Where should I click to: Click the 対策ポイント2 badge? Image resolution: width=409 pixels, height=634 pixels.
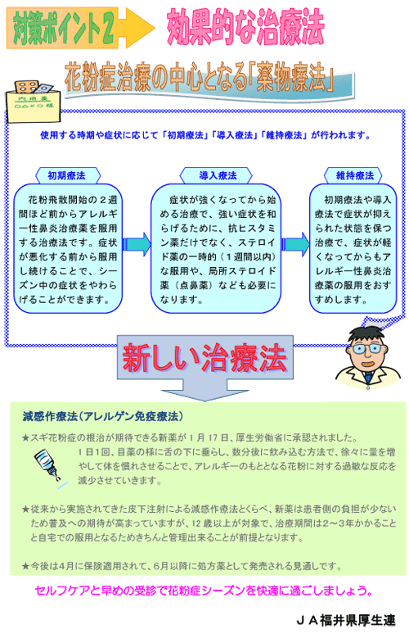click(62, 28)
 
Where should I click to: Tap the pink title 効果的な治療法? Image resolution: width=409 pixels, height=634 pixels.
click(245, 27)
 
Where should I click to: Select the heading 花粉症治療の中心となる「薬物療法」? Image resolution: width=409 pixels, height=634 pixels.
click(199, 77)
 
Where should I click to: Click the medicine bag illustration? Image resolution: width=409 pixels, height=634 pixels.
click(34, 101)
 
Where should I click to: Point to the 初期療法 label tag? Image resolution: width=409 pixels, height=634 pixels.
click(67, 175)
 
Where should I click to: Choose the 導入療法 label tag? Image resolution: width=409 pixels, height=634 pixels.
click(218, 175)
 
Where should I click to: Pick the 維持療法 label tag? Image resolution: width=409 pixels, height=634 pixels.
click(354, 175)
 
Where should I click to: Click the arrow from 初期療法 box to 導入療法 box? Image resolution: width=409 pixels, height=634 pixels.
click(137, 244)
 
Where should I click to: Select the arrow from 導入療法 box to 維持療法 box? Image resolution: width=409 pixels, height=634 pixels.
click(295, 244)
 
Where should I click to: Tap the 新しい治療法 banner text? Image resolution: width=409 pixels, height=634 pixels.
click(204, 358)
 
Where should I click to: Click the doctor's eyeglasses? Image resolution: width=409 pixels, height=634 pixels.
click(366, 348)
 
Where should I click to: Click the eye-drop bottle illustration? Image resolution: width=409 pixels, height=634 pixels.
click(47, 469)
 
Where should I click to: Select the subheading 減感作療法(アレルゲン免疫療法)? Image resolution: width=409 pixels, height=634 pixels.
click(103, 416)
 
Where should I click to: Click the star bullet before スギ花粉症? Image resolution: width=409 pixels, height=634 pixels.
click(26, 438)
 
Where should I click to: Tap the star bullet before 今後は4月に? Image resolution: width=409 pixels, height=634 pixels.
click(26, 566)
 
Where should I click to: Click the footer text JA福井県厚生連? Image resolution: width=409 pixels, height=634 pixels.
click(346, 620)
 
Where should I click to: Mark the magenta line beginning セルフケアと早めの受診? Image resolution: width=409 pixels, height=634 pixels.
click(204, 591)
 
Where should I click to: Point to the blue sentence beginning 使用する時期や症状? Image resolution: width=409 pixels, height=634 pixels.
click(205, 135)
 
